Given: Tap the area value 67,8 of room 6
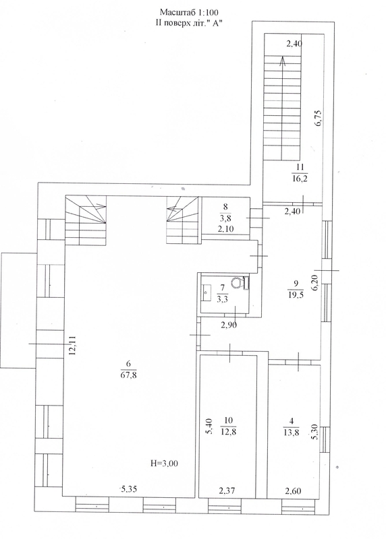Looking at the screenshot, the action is click(x=129, y=375).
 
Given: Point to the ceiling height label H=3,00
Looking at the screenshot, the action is click(x=164, y=464).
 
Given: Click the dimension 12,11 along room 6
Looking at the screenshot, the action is click(x=72, y=346).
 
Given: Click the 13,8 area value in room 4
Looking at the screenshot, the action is click(x=292, y=432).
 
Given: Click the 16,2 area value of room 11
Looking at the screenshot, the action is click(x=299, y=179).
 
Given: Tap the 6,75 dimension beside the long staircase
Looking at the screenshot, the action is click(x=319, y=119).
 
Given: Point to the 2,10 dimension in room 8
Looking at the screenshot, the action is click(x=227, y=229).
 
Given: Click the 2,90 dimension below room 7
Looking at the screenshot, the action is click(x=229, y=325).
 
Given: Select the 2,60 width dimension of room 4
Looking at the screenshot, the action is click(x=293, y=491).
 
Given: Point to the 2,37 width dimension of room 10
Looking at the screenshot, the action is click(x=227, y=491).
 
